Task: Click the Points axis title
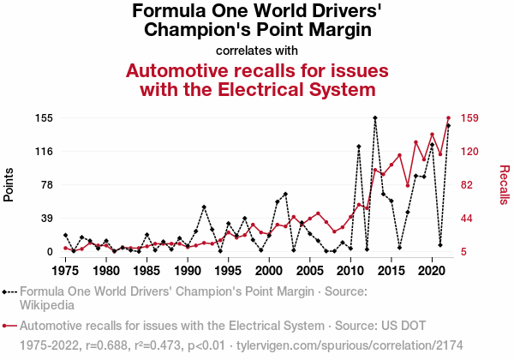(x=9, y=184)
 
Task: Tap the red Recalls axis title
(x=504, y=184)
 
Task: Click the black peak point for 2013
(x=375, y=117)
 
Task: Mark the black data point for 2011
(x=359, y=147)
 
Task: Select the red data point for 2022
(x=448, y=117)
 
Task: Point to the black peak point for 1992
(x=204, y=207)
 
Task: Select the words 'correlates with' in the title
(x=257, y=49)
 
